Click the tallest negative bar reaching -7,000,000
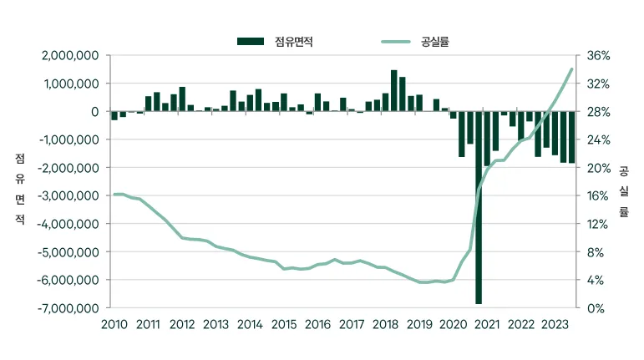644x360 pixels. coord(479,207)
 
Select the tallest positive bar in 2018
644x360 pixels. coord(394,91)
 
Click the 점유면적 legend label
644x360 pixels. coord(294,42)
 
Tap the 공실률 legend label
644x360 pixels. coord(435,42)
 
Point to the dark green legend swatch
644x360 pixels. coord(251,42)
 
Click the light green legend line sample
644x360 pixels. coord(396,42)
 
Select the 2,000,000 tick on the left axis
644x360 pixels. coord(70,55)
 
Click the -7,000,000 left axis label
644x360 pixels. coord(68,308)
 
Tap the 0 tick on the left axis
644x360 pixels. coord(95,112)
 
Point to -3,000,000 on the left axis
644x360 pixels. coord(68,195)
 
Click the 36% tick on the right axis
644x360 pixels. coord(598,55)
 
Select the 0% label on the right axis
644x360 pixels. coord(596,308)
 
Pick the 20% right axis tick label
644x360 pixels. coord(598,168)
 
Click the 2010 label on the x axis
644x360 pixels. coord(114,324)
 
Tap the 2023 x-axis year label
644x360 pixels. coord(555,324)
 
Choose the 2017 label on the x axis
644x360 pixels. coord(352,324)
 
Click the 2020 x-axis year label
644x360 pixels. coord(454,324)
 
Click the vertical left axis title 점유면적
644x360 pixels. coord(20,189)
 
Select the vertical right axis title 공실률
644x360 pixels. coord(624,191)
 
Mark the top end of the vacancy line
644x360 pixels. coord(571,69)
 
